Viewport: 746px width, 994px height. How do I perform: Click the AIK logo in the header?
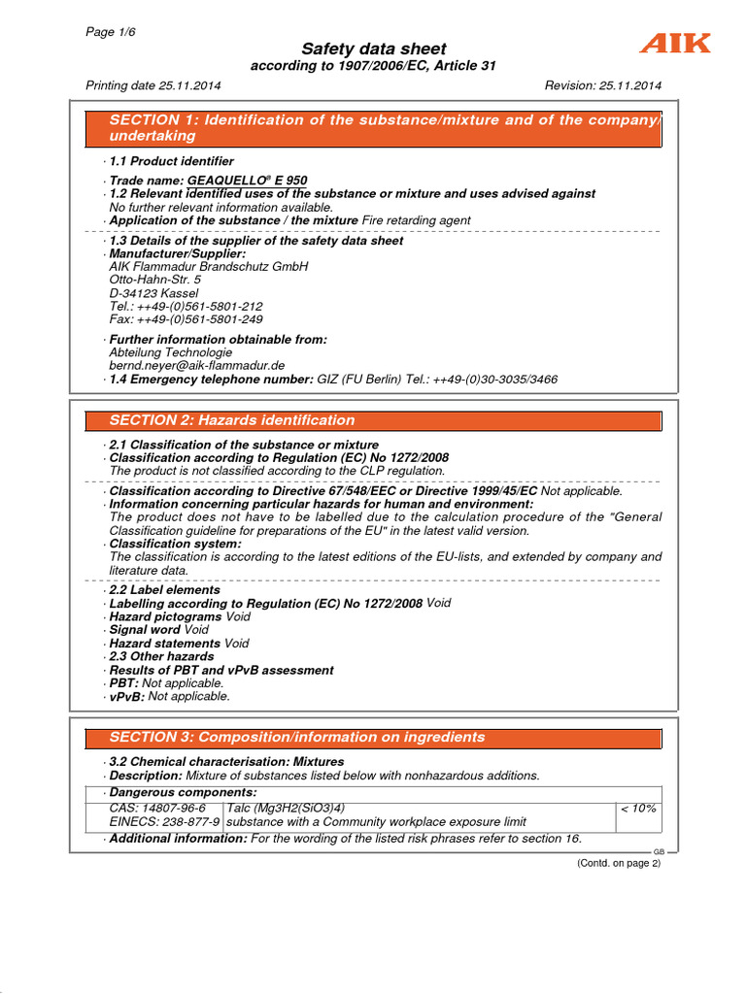click(x=674, y=44)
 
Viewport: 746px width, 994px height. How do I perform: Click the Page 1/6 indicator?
click(x=111, y=31)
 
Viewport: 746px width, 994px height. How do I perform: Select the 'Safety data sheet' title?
click(x=373, y=49)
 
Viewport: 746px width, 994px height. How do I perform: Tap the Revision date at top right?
click(x=603, y=85)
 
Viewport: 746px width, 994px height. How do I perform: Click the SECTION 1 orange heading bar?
click(x=373, y=128)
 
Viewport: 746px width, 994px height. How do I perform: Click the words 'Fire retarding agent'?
click(x=416, y=220)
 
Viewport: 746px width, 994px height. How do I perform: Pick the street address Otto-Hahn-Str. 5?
click(x=155, y=280)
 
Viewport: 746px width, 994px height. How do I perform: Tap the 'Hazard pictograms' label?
click(x=165, y=616)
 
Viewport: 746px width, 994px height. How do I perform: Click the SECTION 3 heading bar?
click(x=373, y=738)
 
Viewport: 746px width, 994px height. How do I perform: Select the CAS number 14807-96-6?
click(x=157, y=808)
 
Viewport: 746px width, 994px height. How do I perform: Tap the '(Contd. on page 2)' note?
click(x=618, y=863)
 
